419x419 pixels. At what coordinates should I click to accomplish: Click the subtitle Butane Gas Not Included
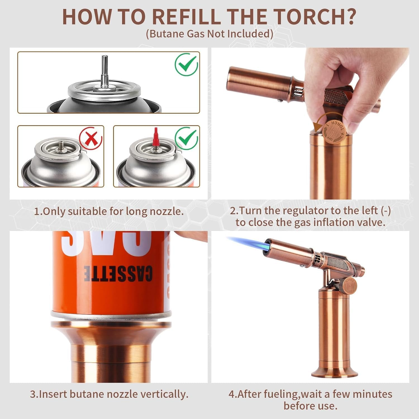point(209,34)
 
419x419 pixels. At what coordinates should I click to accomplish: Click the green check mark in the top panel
point(186,64)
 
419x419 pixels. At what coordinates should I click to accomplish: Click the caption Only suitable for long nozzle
point(109,211)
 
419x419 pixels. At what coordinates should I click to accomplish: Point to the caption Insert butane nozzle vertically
point(109,394)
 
